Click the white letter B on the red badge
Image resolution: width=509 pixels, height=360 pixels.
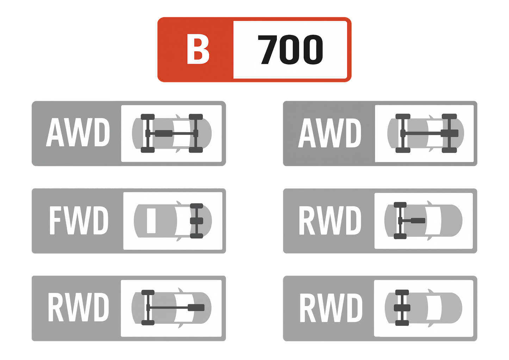pos(198,49)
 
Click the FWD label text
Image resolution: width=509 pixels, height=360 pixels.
pos(78,221)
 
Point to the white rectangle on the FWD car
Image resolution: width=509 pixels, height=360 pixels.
pos(151,221)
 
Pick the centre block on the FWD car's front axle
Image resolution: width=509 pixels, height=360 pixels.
pos(197,221)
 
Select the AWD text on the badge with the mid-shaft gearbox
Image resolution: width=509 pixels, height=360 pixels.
pos(78,133)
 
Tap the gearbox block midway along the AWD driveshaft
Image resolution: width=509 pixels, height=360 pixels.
pos(163,133)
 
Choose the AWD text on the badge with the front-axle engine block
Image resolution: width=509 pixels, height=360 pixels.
pos(330,133)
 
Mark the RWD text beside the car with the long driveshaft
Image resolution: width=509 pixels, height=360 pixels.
pos(78,308)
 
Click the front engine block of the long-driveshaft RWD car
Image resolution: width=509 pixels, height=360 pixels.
pos(196,308)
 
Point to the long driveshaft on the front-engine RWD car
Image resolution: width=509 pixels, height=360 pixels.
pos(169,308)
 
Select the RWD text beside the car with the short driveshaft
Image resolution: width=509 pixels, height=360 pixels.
pos(330,221)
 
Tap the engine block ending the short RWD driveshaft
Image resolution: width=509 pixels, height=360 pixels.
pos(418,221)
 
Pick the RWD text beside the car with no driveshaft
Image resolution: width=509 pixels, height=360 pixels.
pos(330,308)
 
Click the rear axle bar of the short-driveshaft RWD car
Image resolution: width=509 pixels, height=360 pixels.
pos(400,221)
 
